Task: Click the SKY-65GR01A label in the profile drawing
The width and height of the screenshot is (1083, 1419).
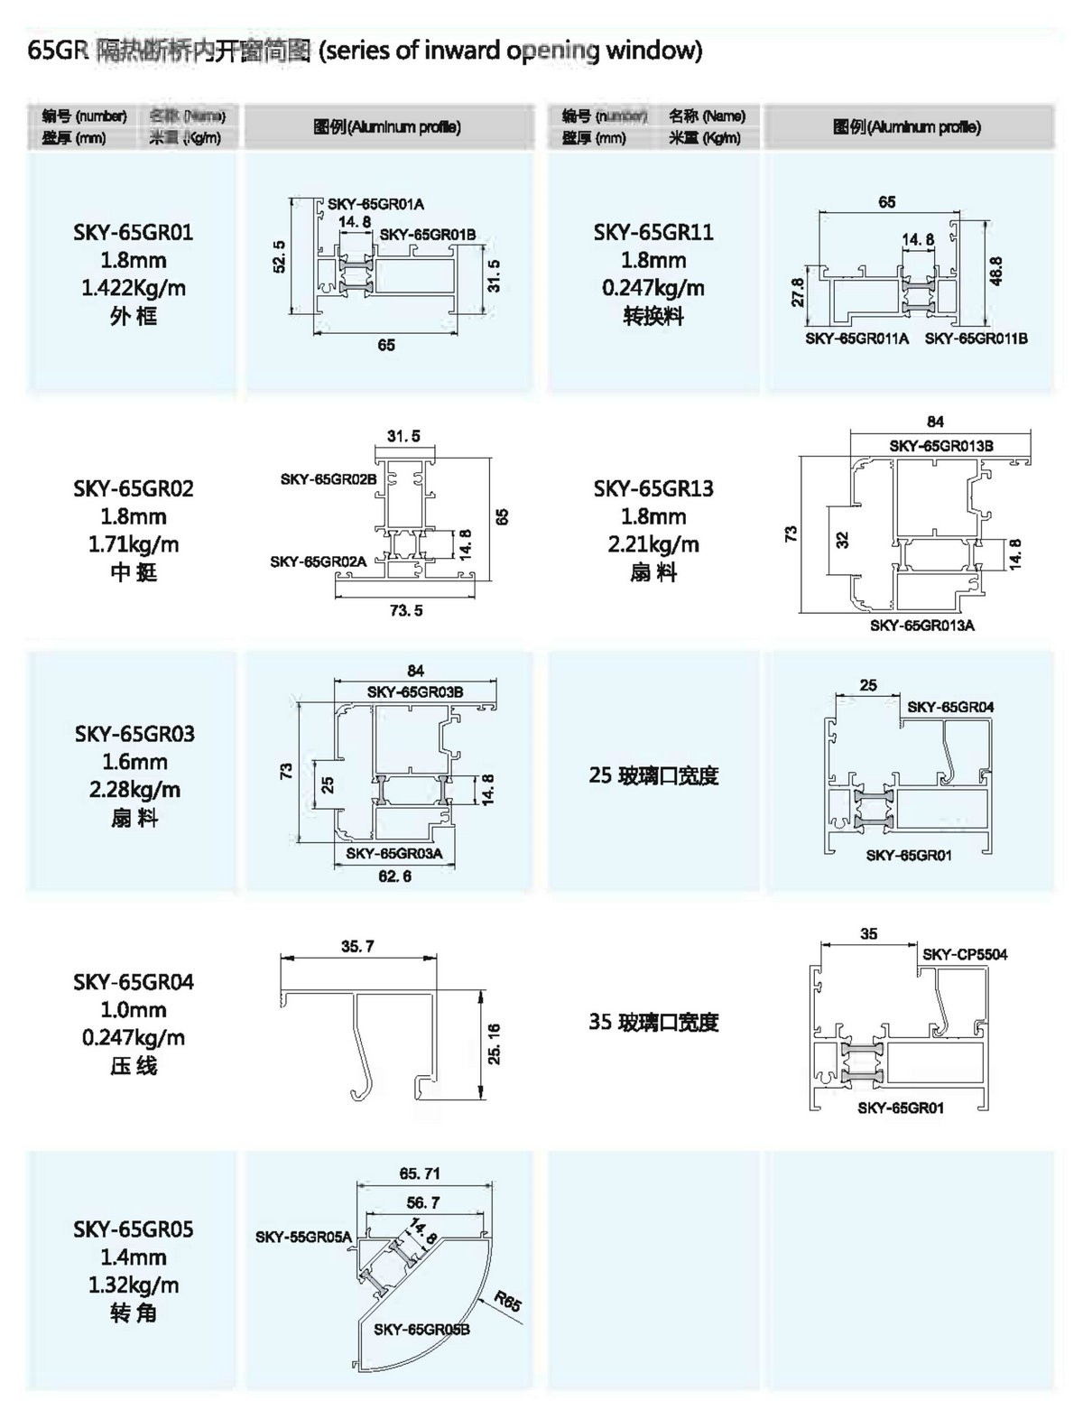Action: (x=375, y=205)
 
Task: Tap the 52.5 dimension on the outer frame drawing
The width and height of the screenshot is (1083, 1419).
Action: (x=280, y=256)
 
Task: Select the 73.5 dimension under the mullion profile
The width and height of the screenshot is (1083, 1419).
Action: (x=406, y=611)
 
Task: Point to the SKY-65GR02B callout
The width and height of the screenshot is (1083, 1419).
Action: (x=328, y=479)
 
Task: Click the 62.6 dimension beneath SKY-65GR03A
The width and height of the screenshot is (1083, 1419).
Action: (x=394, y=876)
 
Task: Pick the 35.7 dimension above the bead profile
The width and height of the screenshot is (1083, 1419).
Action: (x=357, y=947)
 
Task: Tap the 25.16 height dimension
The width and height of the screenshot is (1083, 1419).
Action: (x=494, y=1043)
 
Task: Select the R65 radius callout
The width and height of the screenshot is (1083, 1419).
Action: (x=506, y=1303)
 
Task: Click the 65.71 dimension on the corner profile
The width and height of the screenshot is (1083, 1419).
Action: (x=421, y=1173)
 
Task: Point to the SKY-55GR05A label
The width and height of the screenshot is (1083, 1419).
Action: (x=303, y=1237)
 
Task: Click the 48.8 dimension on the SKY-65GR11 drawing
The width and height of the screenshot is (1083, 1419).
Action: (x=995, y=272)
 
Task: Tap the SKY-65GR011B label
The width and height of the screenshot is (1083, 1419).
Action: (x=976, y=339)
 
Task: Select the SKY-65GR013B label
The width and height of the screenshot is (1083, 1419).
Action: (x=940, y=446)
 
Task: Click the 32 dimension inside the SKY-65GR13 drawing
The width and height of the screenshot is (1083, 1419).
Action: (x=842, y=540)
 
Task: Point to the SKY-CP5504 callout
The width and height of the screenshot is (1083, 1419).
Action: (x=965, y=954)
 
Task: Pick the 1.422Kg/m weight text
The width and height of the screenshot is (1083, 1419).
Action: (x=134, y=289)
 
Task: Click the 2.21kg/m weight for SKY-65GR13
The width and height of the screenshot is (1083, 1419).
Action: (x=653, y=545)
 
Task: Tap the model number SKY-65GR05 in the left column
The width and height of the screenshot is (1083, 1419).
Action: (x=134, y=1229)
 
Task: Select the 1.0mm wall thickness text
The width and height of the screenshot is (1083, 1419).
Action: (x=134, y=1010)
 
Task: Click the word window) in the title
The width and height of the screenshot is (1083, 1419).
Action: (x=653, y=50)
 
